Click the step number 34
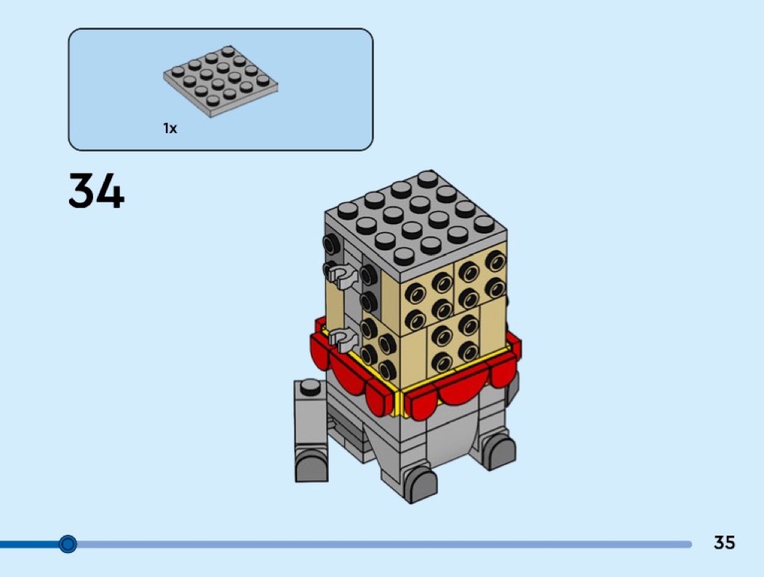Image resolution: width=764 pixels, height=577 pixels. click(x=97, y=191)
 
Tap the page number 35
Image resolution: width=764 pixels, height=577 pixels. click(x=724, y=542)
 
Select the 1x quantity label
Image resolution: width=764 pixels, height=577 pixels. click(x=170, y=128)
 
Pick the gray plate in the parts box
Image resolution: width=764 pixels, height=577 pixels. click(x=220, y=81)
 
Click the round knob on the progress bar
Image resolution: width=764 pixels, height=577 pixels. click(x=68, y=544)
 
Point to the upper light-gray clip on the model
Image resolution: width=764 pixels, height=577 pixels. click(x=342, y=276)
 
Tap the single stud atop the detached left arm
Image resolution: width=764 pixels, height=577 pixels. click(x=311, y=387)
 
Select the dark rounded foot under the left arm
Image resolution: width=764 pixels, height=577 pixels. click(x=311, y=465)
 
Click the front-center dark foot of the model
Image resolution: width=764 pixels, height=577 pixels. click(x=420, y=484)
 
